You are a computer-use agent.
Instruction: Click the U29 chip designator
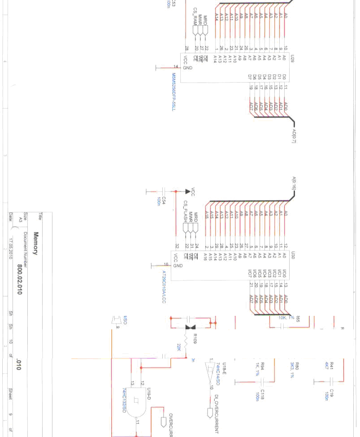tap(292, 58)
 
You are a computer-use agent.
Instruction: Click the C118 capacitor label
tap(263, 394)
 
